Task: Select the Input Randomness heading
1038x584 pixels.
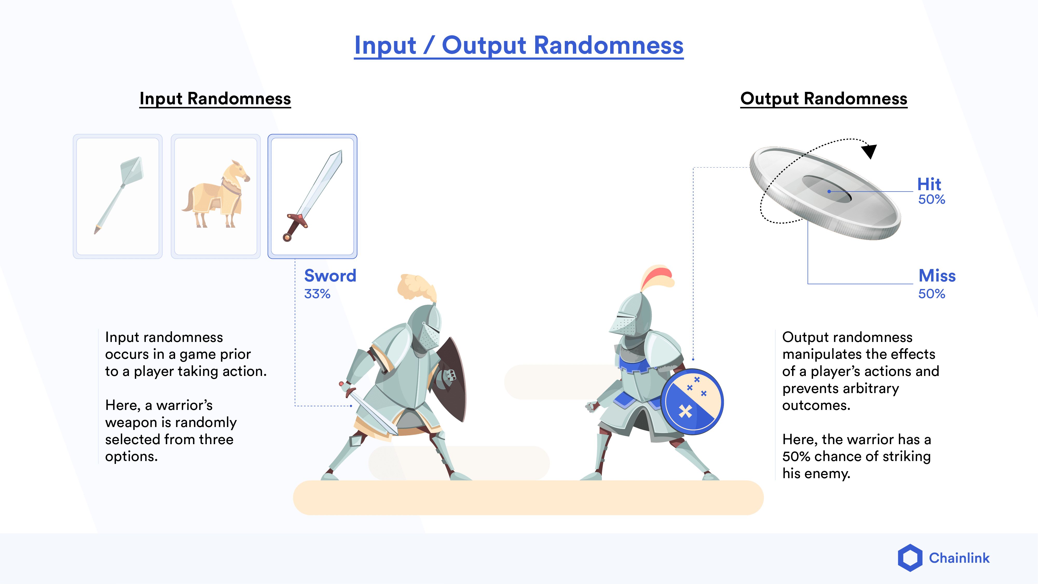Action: [x=215, y=99]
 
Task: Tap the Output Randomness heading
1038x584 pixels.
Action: [x=824, y=99]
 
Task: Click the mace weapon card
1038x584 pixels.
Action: [x=118, y=196]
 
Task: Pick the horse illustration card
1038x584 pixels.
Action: [x=216, y=196]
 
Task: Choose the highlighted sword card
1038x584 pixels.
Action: [x=312, y=196]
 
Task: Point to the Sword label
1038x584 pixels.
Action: [x=330, y=276]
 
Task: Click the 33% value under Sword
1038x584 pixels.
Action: [x=317, y=294]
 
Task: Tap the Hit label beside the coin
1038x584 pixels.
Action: [x=929, y=184]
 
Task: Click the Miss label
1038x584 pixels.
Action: [x=937, y=276]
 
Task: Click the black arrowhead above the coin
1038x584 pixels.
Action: [x=870, y=151]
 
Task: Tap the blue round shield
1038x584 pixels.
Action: [x=692, y=402]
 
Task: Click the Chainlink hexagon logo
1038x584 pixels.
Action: [x=910, y=558]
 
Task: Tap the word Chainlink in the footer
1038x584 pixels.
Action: [x=959, y=558]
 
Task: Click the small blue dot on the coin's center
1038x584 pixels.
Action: [x=829, y=191]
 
